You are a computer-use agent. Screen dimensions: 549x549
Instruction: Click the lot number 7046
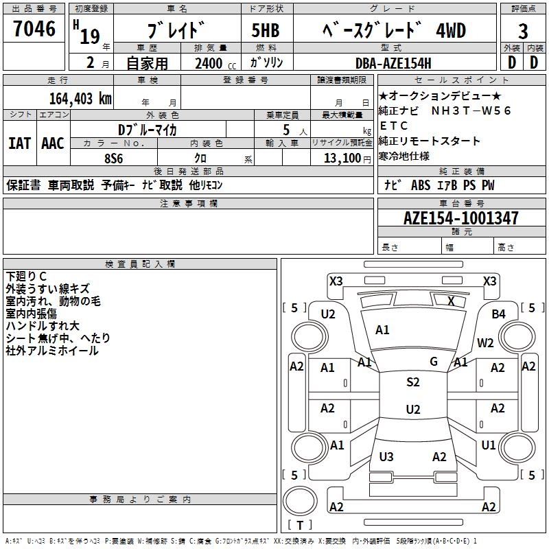click(35, 29)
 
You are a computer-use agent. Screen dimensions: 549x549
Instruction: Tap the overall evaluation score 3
click(523, 31)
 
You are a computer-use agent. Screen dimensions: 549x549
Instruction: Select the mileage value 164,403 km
click(80, 98)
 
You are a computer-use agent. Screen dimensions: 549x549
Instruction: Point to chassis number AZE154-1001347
click(461, 218)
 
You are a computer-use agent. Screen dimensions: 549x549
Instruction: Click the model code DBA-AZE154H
click(393, 63)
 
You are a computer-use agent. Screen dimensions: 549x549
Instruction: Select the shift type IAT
click(19, 143)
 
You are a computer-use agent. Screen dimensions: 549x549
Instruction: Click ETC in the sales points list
click(394, 126)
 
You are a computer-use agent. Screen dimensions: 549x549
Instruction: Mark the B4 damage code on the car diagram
click(499, 314)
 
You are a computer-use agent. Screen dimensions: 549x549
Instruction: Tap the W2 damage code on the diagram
click(485, 343)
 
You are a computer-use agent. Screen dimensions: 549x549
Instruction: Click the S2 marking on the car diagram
click(412, 382)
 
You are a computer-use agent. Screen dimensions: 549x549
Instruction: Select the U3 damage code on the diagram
click(386, 457)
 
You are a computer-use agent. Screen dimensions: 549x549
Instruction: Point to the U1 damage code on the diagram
click(489, 445)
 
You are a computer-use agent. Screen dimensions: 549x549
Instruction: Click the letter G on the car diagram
click(434, 361)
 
